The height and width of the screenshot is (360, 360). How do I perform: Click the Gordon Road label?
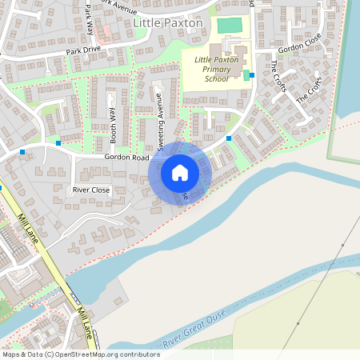(x=126, y=158)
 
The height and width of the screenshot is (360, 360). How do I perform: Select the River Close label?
(x=90, y=190)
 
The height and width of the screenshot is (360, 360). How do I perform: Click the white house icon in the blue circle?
(x=180, y=172)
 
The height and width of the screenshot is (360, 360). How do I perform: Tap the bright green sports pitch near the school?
(x=230, y=25)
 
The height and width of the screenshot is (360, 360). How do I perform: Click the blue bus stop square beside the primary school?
(x=252, y=75)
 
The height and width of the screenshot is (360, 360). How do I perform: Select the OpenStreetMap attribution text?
(x=81, y=354)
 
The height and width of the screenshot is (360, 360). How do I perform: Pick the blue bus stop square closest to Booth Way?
(x=58, y=142)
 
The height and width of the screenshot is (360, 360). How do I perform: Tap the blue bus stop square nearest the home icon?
(x=229, y=138)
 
